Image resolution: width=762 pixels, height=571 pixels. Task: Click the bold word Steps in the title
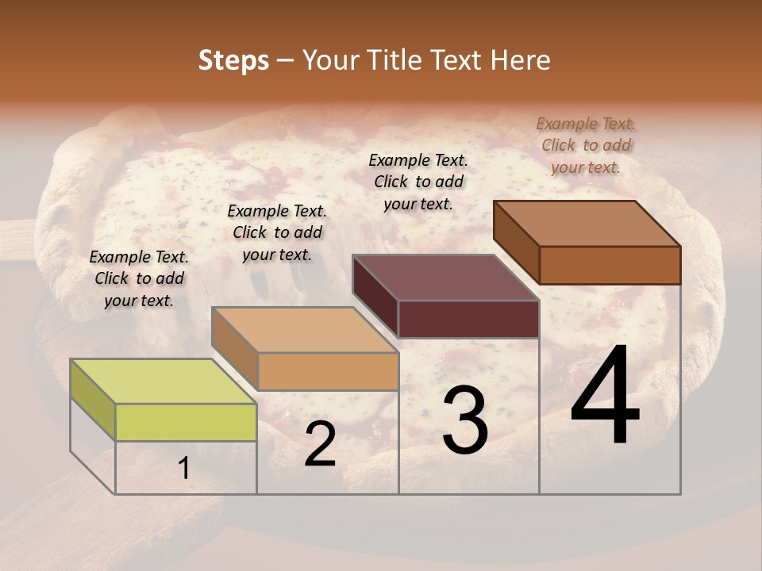point(233,60)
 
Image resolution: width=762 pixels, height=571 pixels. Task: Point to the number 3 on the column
point(465,420)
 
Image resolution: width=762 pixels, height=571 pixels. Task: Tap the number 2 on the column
point(320,444)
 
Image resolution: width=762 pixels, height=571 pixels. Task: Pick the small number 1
point(183,469)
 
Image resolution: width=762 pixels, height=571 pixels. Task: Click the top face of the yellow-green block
point(164,381)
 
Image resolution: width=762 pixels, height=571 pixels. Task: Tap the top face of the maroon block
point(446,278)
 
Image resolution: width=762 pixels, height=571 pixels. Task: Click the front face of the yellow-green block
point(186,422)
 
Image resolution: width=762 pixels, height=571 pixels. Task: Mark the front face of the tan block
point(328,371)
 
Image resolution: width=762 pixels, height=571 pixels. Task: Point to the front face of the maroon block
point(468,320)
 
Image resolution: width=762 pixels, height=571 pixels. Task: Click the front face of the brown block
point(610,265)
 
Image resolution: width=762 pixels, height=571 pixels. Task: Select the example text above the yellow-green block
point(139,278)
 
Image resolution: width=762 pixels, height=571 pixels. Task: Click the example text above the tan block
point(277,232)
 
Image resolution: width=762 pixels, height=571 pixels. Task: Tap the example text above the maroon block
point(418,182)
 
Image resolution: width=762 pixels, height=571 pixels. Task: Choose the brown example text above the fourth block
point(586,145)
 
